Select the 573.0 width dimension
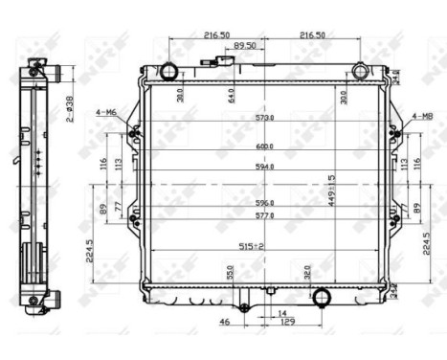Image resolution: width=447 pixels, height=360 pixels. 264,118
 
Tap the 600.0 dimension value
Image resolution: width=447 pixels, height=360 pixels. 264,146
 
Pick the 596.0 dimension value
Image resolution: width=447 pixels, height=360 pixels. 264,203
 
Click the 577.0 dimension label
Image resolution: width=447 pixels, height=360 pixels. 264,216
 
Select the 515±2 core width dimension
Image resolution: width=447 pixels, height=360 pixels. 252,246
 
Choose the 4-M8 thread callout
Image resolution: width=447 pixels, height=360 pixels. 422,117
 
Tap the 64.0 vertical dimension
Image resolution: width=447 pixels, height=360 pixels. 230,99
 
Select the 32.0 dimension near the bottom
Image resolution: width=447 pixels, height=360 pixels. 306,272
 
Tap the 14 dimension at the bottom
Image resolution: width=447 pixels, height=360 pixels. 280,313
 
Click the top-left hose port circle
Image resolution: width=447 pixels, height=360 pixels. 169,71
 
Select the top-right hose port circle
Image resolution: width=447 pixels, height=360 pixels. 360,71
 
